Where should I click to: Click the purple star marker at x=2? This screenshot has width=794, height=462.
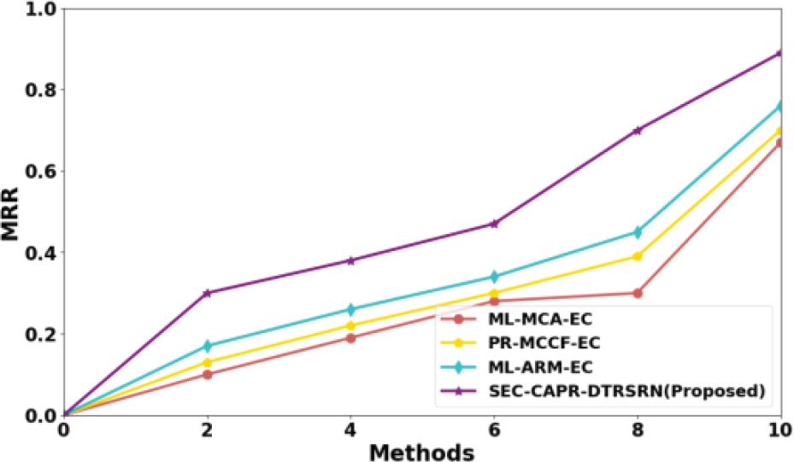point(207,293)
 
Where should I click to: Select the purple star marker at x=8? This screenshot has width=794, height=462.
point(638,131)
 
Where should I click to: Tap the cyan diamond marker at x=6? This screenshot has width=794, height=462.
point(494,277)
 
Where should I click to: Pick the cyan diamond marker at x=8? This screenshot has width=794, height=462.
point(638,232)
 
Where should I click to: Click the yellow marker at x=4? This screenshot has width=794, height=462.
point(350,325)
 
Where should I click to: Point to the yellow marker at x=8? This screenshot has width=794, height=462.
point(638,256)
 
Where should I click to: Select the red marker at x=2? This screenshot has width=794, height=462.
point(207,374)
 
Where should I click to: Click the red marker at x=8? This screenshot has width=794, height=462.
point(638,293)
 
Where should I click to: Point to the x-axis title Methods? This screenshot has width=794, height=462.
point(421,450)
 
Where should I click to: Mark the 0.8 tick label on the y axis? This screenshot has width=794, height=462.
point(37,90)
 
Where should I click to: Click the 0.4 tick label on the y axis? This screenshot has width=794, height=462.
point(37,253)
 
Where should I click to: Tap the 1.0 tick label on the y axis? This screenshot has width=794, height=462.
point(37,9)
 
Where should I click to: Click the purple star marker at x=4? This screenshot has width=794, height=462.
point(350,260)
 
